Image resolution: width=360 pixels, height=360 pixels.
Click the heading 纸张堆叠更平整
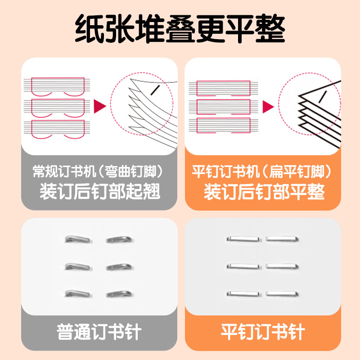coord(180,29)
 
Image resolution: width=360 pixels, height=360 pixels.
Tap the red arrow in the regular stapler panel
coord(100,106)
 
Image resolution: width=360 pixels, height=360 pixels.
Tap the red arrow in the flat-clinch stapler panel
coord(268,107)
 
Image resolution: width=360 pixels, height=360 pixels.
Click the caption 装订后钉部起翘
coord(99,191)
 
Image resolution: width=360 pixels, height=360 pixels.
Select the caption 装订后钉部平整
coord(264,191)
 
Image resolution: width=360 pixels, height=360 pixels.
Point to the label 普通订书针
coord(99,332)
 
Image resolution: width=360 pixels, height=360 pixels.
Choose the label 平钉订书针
coord(263,332)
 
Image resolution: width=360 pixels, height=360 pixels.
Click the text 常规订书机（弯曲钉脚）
coord(98,171)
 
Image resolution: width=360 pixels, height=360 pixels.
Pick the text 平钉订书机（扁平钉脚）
coord(262,171)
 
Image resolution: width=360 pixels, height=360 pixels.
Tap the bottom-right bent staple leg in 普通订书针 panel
coord(119,294)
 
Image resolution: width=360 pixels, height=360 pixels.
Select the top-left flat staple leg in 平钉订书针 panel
coord(243,239)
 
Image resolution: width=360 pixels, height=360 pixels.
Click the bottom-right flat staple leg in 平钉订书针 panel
coord(282,293)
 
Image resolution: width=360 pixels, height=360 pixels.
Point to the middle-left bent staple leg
coord(77,266)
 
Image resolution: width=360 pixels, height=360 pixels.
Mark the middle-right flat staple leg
coord(282,266)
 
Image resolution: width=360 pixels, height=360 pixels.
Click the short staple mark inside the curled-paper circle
coord(155,90)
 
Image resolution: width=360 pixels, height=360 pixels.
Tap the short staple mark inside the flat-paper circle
coord(323,97)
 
